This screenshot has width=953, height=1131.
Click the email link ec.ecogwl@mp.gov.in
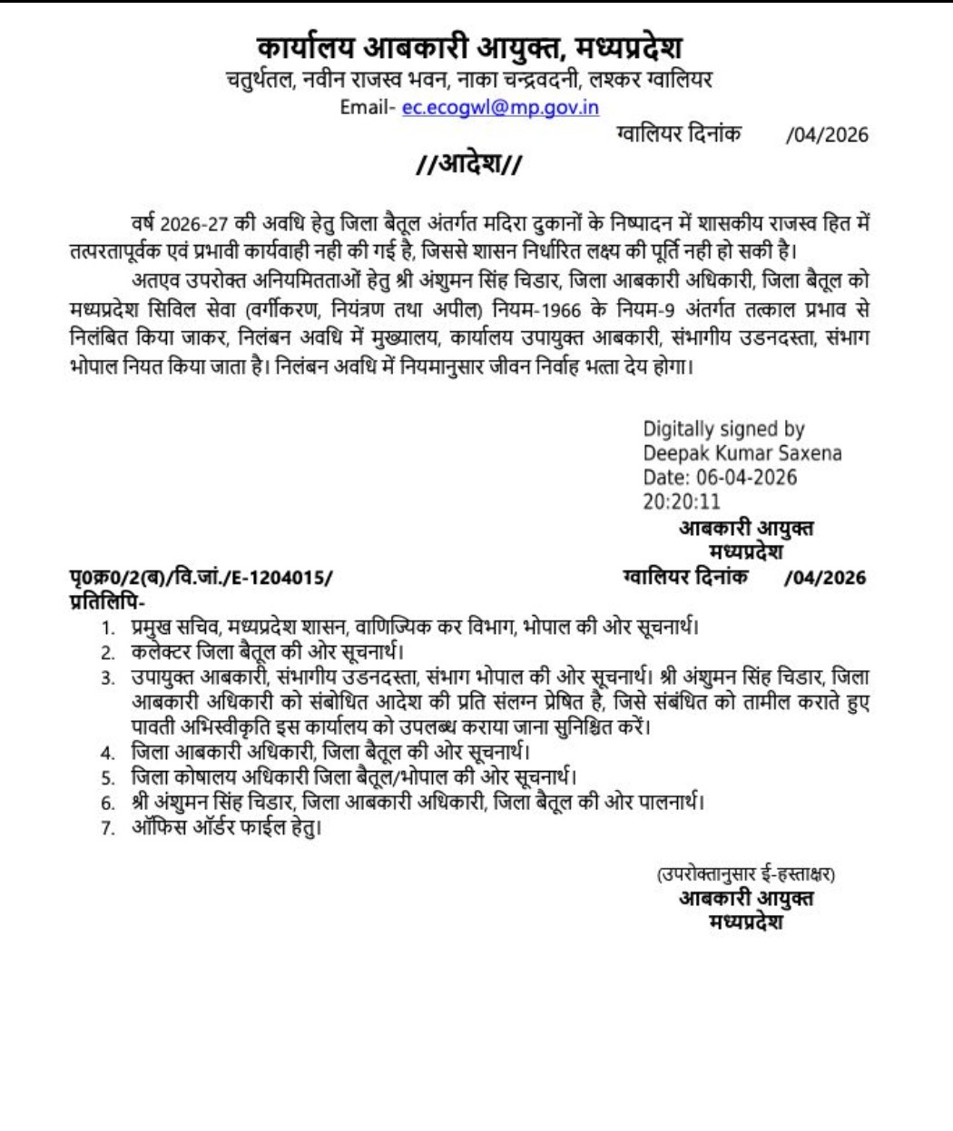pyautogui.click(x=500, y=107)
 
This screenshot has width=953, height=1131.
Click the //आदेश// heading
pyautogui.click(x=468, y=164)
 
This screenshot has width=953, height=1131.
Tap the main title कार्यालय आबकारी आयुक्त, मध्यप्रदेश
pyautogui.click(x=468, y=47)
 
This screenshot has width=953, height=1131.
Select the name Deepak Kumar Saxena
pyautogui.click(x=742, y=453)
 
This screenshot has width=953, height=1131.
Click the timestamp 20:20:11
pyautogui.click(x=682, y=502)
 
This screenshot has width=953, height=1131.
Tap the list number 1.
pyautogui.click(x=108, y=628)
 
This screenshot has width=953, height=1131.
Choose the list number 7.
pyautogui.click(x=108, y=827)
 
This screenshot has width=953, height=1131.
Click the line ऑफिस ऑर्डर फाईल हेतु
pyautogui.click(x=227, y=826)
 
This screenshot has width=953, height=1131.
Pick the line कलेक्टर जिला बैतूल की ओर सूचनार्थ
pyautogui.click(x=267, y=652)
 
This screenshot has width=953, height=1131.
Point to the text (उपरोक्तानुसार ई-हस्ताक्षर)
pyautogui.click(x=746, y=874)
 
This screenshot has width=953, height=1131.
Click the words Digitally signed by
pyautogui.click(x=723, y=429)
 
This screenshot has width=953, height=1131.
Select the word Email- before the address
pyautogui.click(x=368, y=107)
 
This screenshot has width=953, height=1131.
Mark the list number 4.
pyautogui.click(x=108, y=753)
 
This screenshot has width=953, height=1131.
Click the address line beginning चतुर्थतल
pyautogui.click(x=468, y=80)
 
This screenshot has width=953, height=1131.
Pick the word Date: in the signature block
pyautogui.click(x=667, y=477)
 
